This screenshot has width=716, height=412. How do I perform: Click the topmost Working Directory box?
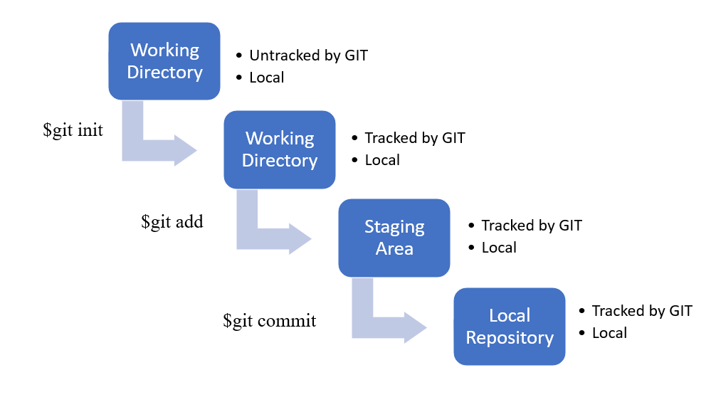164,61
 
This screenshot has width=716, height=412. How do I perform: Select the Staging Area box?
394,238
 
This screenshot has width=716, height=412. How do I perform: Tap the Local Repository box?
510,327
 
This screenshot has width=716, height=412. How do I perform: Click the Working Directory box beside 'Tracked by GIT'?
279,149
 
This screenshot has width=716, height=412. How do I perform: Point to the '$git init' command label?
73,130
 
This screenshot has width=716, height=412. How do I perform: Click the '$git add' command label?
172,221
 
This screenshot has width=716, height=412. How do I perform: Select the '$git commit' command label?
270,321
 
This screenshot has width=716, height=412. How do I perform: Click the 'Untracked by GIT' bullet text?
308,55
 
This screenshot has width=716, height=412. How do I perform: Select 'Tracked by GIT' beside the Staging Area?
531,226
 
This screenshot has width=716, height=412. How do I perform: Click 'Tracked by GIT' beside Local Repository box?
641,311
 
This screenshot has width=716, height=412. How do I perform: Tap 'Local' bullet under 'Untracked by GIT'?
267,78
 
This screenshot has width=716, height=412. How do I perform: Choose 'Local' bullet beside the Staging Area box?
499,248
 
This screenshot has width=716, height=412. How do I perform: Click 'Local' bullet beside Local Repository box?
609,333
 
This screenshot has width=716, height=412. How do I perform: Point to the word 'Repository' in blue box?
510,337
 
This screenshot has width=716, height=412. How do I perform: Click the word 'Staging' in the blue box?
394,227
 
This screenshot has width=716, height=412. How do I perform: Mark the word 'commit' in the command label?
287,321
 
